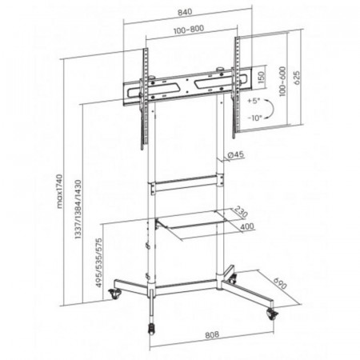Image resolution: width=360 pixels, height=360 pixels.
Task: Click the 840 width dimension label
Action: (x=185, y=12)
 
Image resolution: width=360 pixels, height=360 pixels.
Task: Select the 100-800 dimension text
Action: (x=189, y=30)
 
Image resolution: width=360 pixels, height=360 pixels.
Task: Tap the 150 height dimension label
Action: (x=262, y=77)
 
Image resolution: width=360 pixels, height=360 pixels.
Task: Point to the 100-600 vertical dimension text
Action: (x=282, y=82)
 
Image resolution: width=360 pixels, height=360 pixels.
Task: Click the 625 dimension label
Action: (x=297, y=78)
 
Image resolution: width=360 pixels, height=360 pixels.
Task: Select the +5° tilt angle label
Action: (x=254, y=101)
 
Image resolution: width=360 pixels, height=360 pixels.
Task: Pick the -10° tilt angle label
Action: (x=254, y=118)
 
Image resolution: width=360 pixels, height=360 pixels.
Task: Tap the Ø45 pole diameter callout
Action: (x=236, y=154)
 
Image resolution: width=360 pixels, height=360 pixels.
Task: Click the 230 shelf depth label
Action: (x=241, y=211)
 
